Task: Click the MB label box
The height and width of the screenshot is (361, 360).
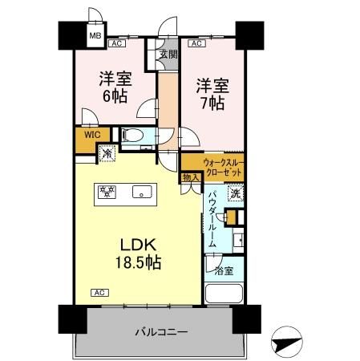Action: click(95, 35)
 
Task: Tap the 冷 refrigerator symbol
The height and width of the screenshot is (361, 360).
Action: click(106, 151)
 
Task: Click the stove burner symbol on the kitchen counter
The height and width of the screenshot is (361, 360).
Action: click(107, 192)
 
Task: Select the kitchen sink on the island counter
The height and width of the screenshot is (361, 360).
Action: click(143, 193)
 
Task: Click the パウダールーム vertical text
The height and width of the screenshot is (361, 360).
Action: click(213, 220)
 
